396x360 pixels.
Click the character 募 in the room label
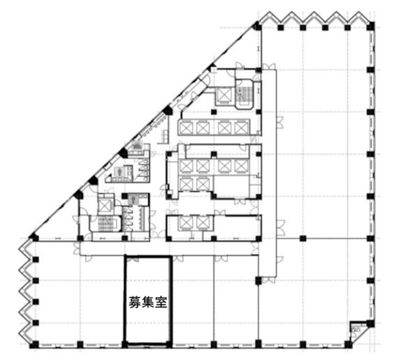click(x=135, y=302)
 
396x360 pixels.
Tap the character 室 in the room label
click(x=161, y=302)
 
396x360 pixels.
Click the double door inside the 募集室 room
click(x=133, y=259)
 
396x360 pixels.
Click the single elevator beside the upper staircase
click(x=224, y=95)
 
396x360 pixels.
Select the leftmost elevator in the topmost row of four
click(x=186, y=128)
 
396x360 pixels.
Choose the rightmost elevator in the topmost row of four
click(x=242, y=128)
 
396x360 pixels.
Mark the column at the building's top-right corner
click(x=371, y=26)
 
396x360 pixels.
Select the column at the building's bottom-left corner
click(x=35, y=344)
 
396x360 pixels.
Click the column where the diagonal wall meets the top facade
click(x=257, y=26)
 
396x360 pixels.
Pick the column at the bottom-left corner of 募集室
click(x=124, y=344)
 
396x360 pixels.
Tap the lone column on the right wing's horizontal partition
click(x=303, y=238)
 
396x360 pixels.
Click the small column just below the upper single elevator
click(x=214, y=112)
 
